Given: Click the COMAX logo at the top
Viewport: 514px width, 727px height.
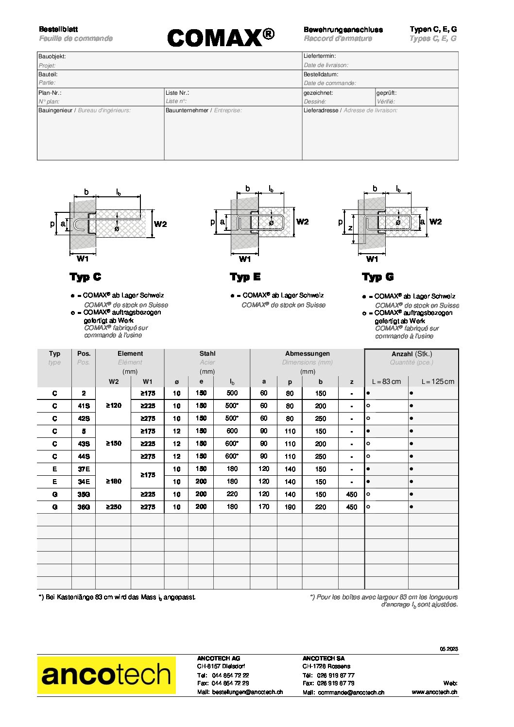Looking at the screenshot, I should pos(221,37).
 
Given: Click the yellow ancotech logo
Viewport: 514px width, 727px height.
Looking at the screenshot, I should pos(106,675).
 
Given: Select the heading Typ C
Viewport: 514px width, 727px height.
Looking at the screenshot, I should pos(86,277).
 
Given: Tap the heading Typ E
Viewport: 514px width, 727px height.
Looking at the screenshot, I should pos(245,277).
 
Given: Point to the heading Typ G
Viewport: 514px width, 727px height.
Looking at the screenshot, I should pos(378,277).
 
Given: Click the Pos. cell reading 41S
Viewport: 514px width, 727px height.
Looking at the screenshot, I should pos(84,406).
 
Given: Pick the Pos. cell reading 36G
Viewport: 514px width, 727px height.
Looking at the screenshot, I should pos(84,507).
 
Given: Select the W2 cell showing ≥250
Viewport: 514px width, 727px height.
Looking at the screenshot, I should pos(113,507).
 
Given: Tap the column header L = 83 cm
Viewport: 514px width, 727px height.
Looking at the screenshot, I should pos(386,381).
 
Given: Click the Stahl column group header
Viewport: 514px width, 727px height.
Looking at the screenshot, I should pos(207,354).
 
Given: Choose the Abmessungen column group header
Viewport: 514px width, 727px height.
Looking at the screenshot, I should pos(307,354).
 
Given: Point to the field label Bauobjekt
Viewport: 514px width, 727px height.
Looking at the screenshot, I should pos(52,56).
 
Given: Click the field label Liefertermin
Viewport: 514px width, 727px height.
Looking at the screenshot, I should pos(320,56).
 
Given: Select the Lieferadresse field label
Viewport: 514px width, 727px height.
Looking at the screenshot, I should pos(321,110).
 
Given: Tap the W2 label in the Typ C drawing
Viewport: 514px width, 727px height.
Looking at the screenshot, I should pos(160,224).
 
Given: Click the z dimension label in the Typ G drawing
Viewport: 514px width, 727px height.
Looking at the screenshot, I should pos(350,228).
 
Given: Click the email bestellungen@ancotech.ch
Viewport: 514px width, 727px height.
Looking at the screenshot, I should pos(247,692).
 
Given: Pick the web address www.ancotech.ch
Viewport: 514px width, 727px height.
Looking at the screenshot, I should pos(434,692).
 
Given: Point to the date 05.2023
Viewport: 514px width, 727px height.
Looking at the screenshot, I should pos(449,649).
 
